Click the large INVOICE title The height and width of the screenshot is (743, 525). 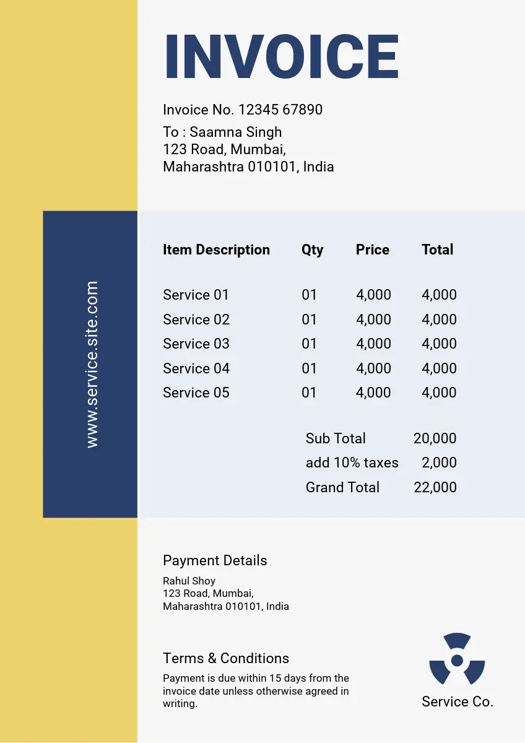282,57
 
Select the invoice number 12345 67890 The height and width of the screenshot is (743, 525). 280,110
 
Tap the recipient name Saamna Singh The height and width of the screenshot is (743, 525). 235,132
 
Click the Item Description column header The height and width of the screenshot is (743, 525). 216,250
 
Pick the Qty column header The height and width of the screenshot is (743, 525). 312,250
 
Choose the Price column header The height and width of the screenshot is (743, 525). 372,250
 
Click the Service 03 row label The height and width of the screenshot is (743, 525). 196,344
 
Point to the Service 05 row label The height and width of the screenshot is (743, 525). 196,393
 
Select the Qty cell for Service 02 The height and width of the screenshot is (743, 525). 309,319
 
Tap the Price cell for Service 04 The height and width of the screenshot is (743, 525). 373,368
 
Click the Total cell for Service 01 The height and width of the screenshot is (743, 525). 439,295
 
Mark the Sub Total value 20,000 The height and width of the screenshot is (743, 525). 435,438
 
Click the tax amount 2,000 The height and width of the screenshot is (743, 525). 439,463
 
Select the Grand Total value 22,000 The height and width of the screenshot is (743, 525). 435,487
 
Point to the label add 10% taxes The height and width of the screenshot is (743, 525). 352,463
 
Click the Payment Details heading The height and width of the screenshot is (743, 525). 215,560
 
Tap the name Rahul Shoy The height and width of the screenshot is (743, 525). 189,581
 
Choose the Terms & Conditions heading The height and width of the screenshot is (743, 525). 225,658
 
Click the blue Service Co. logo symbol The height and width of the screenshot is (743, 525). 457,659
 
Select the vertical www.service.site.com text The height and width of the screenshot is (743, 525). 92,364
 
